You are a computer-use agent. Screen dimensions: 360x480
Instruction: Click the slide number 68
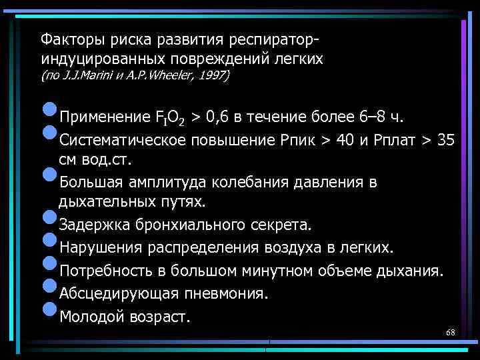pos(450,332)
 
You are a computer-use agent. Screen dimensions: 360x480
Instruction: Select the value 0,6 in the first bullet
pos(220,119)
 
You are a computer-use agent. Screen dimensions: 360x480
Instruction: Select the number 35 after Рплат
pos(446,141)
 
